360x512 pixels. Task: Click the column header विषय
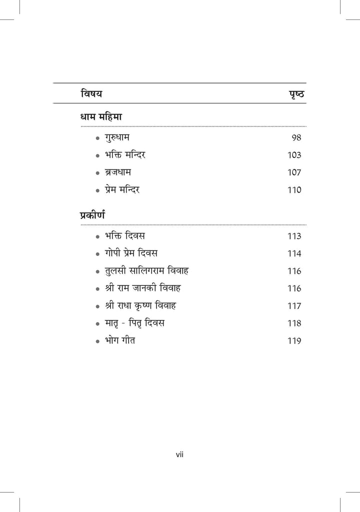click(91, 93)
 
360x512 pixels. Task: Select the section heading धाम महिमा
click(101, 116)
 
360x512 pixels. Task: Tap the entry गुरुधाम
click(117, 137)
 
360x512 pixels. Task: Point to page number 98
click(296, 137)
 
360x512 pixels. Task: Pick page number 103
click(294, 155)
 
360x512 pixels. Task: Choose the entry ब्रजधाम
click(118, 172)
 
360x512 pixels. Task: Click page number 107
click(294, 172)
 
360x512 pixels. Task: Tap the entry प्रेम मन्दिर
click(126, 189)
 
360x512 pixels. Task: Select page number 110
click(294, 190)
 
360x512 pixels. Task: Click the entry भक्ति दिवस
click(125, 235)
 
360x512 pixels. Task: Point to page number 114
click(294, 253)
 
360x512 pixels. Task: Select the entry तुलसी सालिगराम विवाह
click(146, 270)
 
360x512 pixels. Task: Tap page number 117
click(294, 306)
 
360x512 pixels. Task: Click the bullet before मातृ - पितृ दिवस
click(98, 324)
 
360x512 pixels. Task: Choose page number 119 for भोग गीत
click(294, 341)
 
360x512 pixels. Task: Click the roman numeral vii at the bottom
click(179, 454)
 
